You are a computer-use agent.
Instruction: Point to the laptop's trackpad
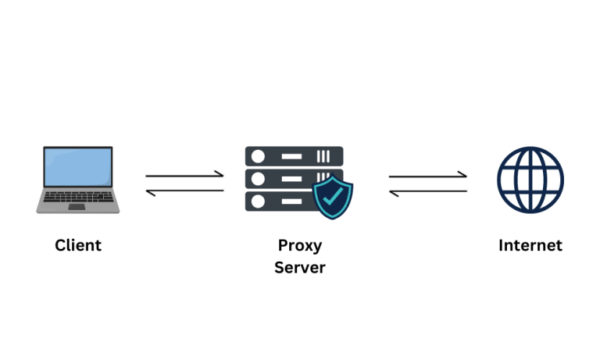77,207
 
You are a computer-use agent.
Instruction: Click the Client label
78,245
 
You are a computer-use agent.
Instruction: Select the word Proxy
300,245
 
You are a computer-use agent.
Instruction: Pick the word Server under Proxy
300,268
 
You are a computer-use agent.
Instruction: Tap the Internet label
530,245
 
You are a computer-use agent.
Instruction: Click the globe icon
530,179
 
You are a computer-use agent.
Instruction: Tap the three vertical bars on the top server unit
325,156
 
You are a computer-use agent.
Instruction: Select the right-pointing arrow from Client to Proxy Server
185,176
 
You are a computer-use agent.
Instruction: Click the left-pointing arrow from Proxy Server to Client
185,190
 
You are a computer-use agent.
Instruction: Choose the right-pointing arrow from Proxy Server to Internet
428,176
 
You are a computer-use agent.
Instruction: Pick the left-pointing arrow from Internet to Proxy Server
428,190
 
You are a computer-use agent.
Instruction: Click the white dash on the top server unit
291,156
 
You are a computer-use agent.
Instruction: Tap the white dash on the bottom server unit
291,201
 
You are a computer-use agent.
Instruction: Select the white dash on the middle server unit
291,179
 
